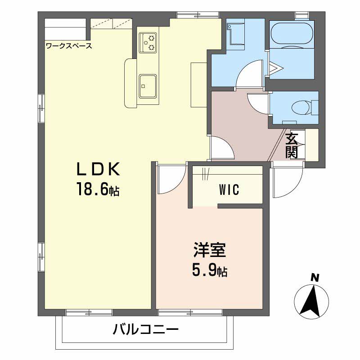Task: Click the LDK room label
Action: tap(98, 169)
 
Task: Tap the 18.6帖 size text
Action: tap(98, 189)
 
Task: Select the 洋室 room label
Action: tap(210, 250)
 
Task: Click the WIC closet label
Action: tap(229, 189)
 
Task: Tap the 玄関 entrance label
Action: tap(291, 145)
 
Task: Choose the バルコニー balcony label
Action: tap(145, 330)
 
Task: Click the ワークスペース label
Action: tap(69, 46)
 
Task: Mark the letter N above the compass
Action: tap(315, 278)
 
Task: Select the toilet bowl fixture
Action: tap(305, 107)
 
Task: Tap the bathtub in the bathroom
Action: tap(292, 33)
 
